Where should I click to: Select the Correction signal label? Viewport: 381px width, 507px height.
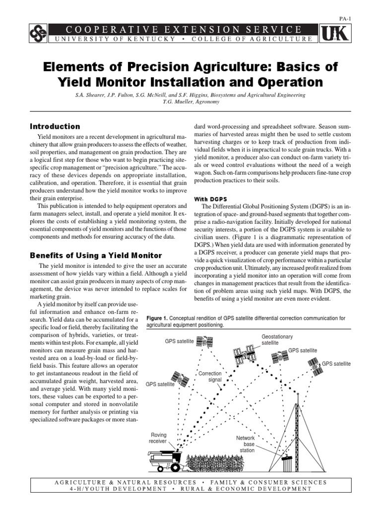coord(210,377)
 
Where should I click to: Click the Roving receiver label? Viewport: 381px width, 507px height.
coord(159,438)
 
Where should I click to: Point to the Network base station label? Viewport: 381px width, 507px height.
coord(247,444)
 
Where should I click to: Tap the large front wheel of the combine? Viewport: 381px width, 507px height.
coord(162,466)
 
